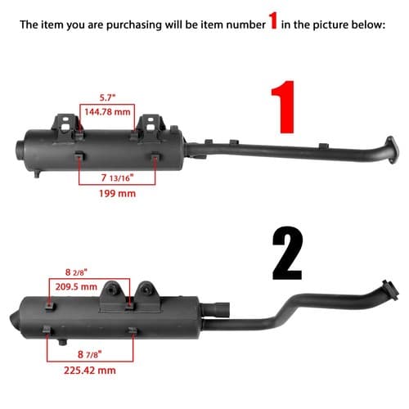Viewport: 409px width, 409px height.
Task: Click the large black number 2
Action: pyautogui.click(x=287, y=253)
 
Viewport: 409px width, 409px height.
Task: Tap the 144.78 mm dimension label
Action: pyautogui.click(x=107, y=112)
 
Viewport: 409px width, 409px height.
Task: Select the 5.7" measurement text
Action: pyautogui.click(x=107, y=97)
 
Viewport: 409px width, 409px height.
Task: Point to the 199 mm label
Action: pyautogui.click(x=117, y=193)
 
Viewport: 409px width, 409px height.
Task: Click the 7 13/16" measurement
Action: pyautogui.click(x=117, y=178)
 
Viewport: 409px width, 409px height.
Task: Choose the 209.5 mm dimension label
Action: pyautogui.click(x=76, y=286)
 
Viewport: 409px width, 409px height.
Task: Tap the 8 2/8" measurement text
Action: pyautogui.click(x=76, y=272)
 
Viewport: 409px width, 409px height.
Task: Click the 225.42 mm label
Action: pyautogui.click(x=90, y=371)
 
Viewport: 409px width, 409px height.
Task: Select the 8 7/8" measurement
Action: pyautogui.click(x=89, y=354)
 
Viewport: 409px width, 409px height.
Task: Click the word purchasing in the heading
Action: pyautogui.click(x=134, y=25)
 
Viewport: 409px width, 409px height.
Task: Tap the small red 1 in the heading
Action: pyautogui.click(x=273, y=21)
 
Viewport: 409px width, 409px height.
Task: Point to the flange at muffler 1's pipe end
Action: pyautogui.click(x=392, y=150)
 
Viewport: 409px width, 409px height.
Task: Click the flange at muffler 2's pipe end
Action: pyautogui.click(x=390, y=290)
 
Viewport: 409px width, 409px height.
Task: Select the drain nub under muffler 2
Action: pyautogui.click(x=63, y=342)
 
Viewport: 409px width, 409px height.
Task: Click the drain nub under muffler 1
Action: pyautogui.click(x=37, y=173)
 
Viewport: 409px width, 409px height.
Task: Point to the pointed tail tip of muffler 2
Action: pyautogui.click(x=11, y=318)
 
